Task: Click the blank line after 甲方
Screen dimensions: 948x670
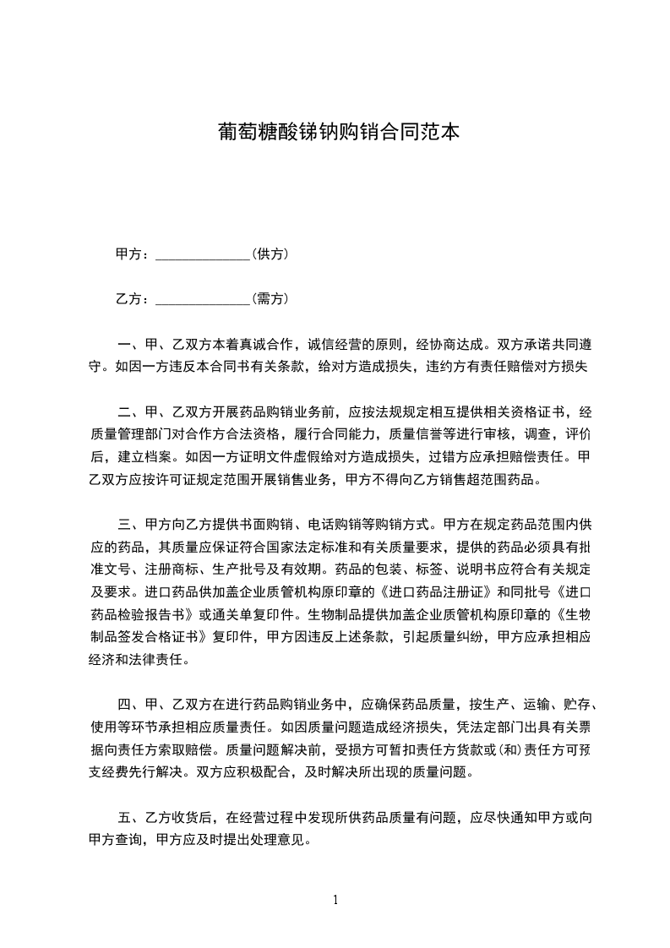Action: [x=204, y=254]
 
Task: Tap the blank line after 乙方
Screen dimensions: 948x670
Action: [x=204, y=299]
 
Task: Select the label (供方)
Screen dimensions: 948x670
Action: [x=270, y=253]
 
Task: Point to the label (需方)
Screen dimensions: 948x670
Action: [x=270, y=298]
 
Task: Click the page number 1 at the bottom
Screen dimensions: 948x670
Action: [x=335, y=900]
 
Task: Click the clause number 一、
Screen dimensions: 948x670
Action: [x=129, y=345]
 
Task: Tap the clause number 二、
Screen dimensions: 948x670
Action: [x=129, y=412]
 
